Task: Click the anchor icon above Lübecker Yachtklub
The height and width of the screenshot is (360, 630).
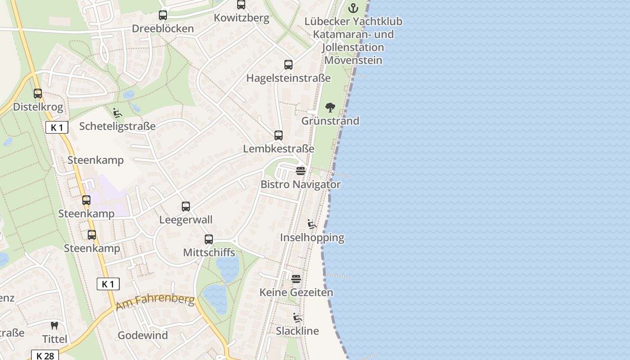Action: [x=353, y=8]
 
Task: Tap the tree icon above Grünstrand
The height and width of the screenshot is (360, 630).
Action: [x=330, y=108]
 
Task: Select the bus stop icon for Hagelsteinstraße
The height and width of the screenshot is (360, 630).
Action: [x=288, y=65]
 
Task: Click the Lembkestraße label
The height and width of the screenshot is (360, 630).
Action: [x=279, y=148]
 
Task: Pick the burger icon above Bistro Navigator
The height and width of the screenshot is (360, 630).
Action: [x=301, y=171]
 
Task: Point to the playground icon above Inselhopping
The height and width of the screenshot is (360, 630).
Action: [x=312, y=224]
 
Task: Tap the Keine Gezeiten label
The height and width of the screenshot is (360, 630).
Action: [x=296, y=292]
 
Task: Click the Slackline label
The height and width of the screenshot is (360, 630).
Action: [x=297, y=331]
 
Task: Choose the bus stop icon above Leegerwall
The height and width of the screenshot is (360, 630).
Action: [x=186, y=207]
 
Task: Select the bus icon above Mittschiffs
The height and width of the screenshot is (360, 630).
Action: [x=209, y=239]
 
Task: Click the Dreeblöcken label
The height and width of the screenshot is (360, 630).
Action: [x=163, y=29]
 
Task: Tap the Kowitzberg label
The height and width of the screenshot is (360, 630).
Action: [x=242, y=18]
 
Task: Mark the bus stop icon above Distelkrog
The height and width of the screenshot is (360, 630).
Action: [x=38, y=94]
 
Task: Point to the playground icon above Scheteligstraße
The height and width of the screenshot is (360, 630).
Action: [x=117, y=113]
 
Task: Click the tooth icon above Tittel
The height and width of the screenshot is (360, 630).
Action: [x=54, y=325]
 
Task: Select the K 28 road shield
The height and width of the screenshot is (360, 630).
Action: [x=45, y=355]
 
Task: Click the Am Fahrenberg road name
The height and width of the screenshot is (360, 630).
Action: [x=155, y=302]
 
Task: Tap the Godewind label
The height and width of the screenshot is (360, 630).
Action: [x=143, y=335]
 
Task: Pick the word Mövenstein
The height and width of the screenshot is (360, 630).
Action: [x=353, y=60]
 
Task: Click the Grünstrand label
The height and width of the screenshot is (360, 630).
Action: [x=330, y=121]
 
